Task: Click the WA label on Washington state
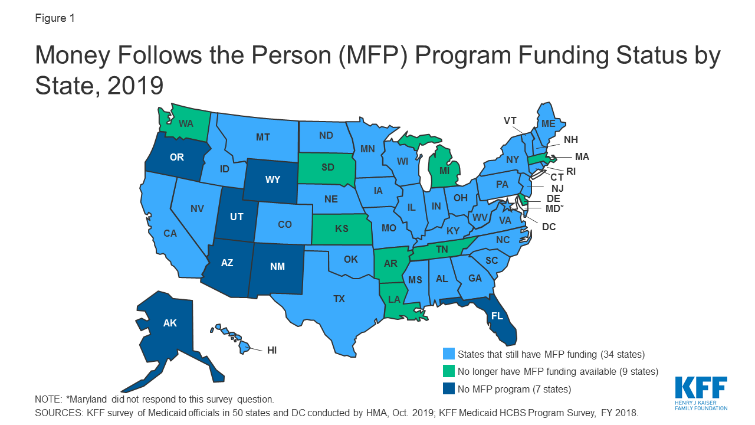point(186,124)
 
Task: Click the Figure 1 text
point(55,18)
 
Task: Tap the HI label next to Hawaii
point(272,350)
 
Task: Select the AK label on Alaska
point(170,323)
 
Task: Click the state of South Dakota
point(328,167)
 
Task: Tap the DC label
point(549,226)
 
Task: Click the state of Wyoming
point(272,179)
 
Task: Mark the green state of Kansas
point(342,228)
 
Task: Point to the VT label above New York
point(510,120)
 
